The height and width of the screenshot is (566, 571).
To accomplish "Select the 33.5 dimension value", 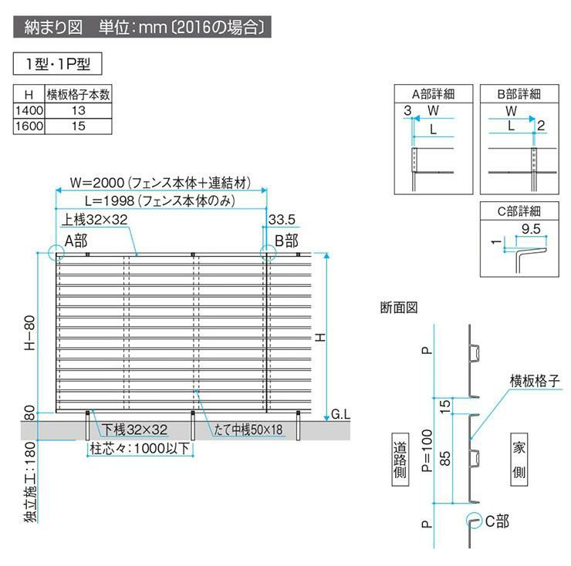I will (x=280, y=221).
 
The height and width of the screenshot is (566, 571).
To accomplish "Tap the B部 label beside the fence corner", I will (x=286, y=241).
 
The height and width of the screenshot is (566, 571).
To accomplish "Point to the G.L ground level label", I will (x=340, y=414).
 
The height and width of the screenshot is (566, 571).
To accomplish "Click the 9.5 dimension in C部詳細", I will (x=529, y=228).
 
